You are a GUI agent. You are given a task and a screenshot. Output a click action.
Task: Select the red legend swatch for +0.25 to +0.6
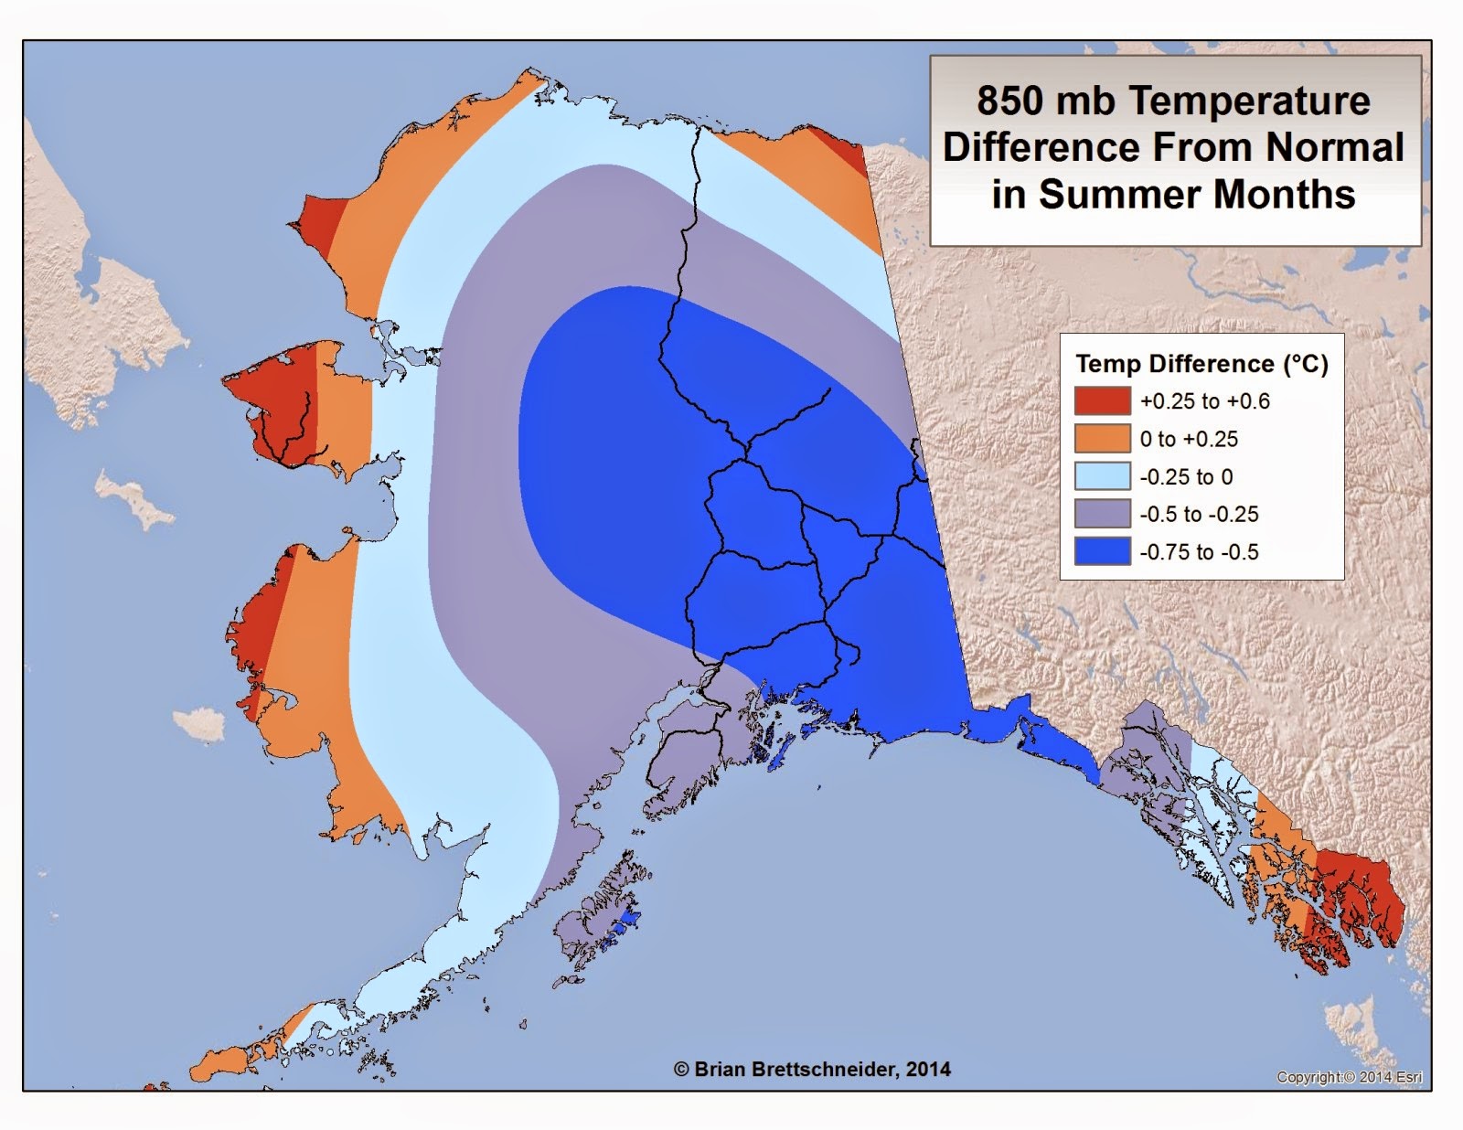point(1102,401)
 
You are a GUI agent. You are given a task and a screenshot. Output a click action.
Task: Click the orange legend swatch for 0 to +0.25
point(1102,439)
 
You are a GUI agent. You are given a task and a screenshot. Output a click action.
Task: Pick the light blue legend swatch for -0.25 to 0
point(1102,476)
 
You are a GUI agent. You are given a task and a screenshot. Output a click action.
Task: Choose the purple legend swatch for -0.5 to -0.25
point(1102,514)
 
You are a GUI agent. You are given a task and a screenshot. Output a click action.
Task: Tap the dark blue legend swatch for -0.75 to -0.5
point(1102,551)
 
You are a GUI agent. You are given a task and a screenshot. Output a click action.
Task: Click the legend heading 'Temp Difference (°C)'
point(1201,364)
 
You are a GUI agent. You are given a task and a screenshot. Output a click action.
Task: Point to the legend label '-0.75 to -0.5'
point(1199,552)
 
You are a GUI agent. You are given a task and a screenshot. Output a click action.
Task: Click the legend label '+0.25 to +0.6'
point(1204,401)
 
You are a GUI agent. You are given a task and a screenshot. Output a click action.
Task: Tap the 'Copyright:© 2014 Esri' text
point(1349,1078)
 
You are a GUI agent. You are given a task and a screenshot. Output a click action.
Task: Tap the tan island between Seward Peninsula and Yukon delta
point(137,498)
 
